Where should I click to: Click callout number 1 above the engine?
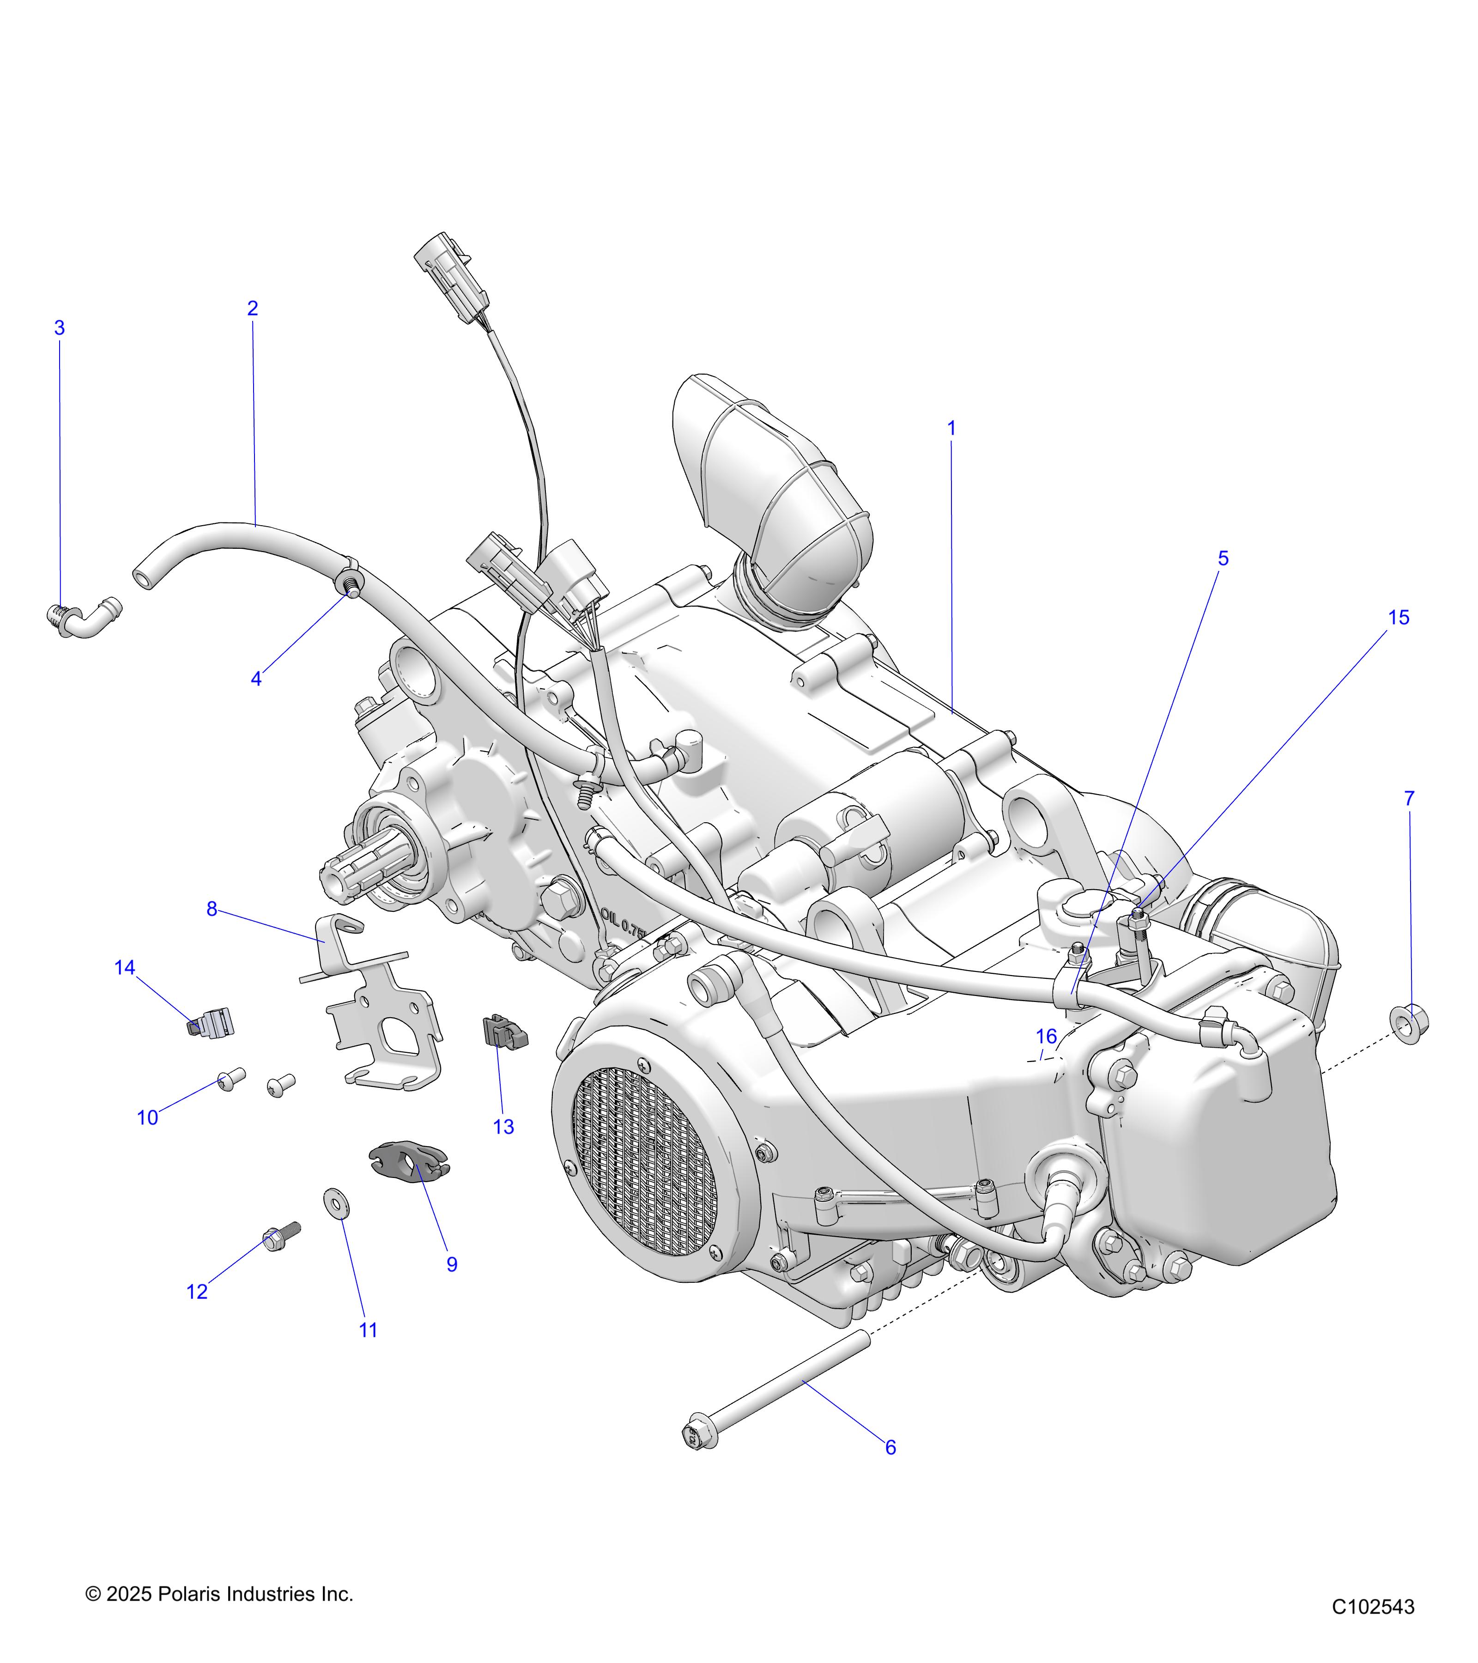pos(951,428)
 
